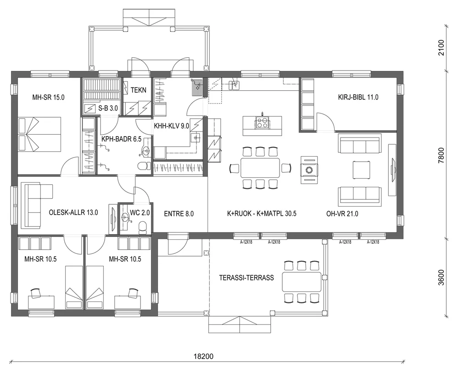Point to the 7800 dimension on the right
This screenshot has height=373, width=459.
(x=442, y=155)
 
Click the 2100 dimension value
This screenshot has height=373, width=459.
(x=442, y=48)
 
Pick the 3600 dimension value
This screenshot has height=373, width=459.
(x=442, y=277)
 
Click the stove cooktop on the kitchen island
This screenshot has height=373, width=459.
(x=262, y=122)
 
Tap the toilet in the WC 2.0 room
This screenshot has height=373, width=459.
(x=142, y=225)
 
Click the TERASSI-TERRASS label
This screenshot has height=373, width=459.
(x=247, y=278)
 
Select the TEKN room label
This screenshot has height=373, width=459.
(x=138, y=90)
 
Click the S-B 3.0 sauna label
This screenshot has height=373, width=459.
(x=108, y=108)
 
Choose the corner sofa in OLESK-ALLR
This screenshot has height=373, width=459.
(x=34, y=204)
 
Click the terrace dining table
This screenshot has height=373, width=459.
(x=301, y=282)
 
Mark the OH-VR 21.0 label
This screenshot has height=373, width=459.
(x=342, y=213)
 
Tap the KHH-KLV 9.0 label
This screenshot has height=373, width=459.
(x=172, y=126)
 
